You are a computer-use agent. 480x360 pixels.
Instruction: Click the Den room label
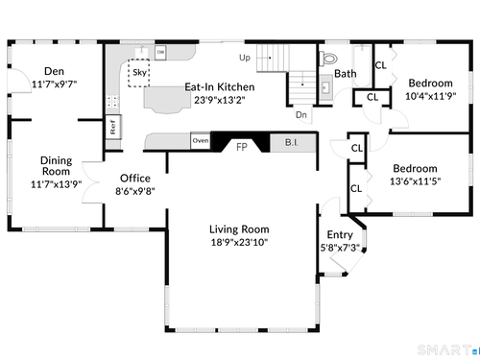pyautogui.click(x=54, y=71)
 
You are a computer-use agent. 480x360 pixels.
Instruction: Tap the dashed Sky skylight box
pyautogui.click(x=139, y=73)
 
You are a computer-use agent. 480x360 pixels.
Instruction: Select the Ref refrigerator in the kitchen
pyautogui.click(x=113, y=127)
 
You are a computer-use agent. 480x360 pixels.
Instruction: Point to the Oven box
pyautogui.click(x=201, y=140)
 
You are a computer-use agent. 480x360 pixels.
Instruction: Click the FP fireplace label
pyautogui.click(x=242, y=147)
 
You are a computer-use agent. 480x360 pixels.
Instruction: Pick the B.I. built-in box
pyautogui.click(x=293, y=143)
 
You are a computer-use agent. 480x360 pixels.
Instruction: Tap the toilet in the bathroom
pyautogui.click(x=328, y=59)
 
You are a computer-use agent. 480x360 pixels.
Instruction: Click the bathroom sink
pyautogui.click(x=325, y=87)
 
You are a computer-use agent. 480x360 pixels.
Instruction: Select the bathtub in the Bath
pyautogui.click(x=362, y=66)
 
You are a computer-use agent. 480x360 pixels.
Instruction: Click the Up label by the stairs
pyautogui.click(x=245, y=58)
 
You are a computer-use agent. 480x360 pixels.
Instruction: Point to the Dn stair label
pyautogui.click(x=301, y=115)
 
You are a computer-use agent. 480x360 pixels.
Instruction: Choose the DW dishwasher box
pyautogui.click(x=160, y=53)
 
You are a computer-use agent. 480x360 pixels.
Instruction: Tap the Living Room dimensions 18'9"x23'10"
pyautogui.click(x=239, y=242)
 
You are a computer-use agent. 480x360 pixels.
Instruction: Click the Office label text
pyautogui.click(x=135, y=179)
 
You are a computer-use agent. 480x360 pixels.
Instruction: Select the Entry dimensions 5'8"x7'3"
pyautogui.click(x=340, y=248)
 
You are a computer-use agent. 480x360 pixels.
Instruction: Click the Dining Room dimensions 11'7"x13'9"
pyautogui.click(x=56, y=184)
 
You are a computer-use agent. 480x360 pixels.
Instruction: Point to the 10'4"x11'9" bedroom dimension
pyautogui.click(x=430, y=96)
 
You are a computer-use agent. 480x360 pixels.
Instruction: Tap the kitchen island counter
pyautogui.click(x=167, y=100)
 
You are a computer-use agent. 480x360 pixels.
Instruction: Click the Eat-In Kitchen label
pyautogui.click(x=220, y=87)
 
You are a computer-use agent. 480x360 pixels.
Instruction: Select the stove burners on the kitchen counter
pyautogui.click(x=112, y=102)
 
